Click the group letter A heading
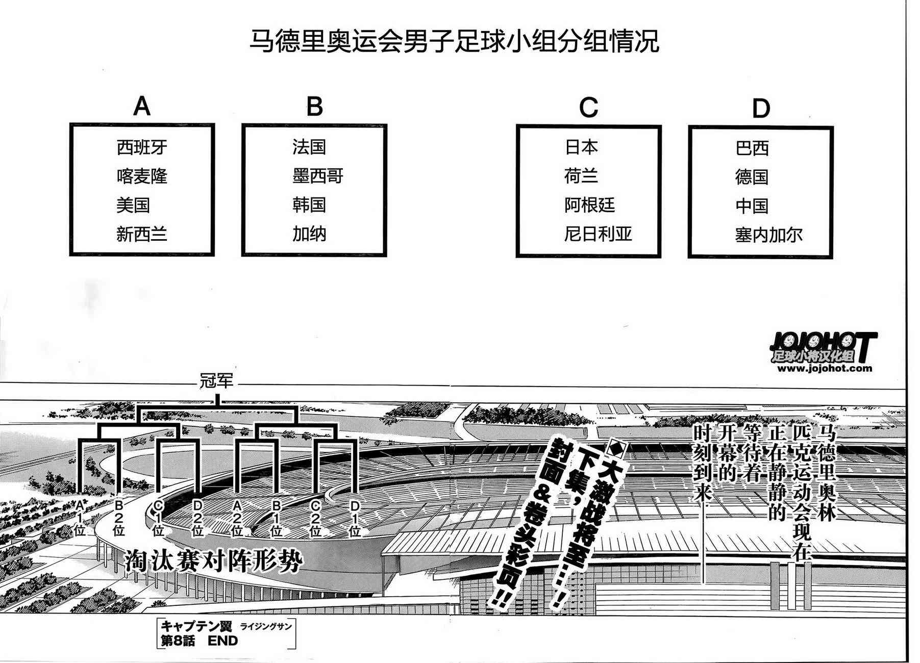point(142,107)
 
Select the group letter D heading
point(760,109)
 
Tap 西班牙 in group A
point(142,148)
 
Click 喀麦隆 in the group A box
point(142,176)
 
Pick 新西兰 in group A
point(142,235)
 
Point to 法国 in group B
point(309,147)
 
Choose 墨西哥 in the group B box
point(318,176)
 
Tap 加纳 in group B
point(309,234)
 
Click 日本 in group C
point(581,147)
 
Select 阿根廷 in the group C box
point(589,205)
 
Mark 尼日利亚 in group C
point(598,234)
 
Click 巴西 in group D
point(752,148)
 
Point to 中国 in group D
point(752,206)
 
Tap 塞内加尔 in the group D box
point(769,235)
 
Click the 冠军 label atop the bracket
point(216,381)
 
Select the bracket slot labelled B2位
point(119,517)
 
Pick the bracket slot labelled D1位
point(355,517)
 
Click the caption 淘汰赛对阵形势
point(214,561)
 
